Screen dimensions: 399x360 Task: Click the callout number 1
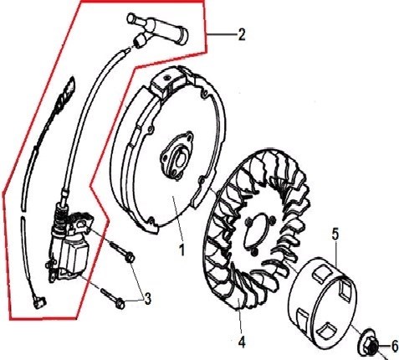(x=182, y=249)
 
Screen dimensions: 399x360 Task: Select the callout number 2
(x=242, y=35)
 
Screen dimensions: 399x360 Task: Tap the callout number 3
(x=147, y=298)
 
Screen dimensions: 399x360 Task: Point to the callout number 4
(x=242, y=342)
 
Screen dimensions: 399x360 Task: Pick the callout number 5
(x=335, y=234)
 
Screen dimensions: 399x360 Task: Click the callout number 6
(x=395, y=347)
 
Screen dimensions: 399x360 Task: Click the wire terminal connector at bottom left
(x=38, y=302)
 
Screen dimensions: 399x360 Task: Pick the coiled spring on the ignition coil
(x=62, y=215)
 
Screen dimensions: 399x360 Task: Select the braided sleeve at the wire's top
(x=66, y=94)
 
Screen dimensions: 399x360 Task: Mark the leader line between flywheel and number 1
(x=178, y=219)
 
